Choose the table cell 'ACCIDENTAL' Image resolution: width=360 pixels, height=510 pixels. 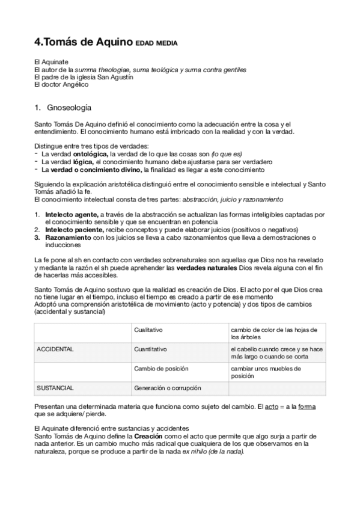[x=55, y=349]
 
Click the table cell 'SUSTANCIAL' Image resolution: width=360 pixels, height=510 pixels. [x=55, y=388]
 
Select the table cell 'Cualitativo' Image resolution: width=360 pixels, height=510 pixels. [x=149, y=330]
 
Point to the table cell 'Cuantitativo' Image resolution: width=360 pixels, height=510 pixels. [x=151, y=349]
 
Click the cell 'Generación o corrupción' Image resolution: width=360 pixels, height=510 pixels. [x=168, y=388]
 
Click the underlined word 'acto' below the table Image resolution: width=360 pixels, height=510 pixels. [x=271, y=408]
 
